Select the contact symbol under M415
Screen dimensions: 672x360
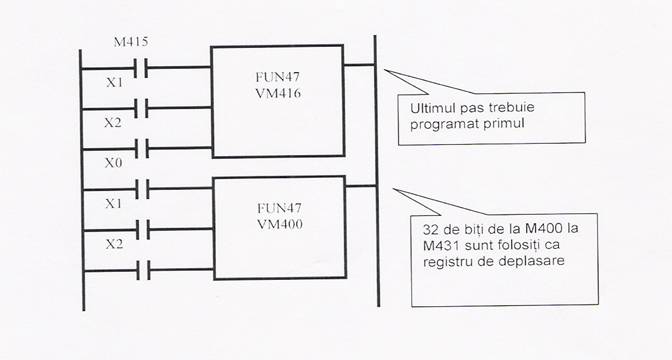point(147,68)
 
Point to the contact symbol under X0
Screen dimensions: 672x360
point(147,186)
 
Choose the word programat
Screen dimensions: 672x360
point(446,126)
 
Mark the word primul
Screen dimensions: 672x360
point(508,126)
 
